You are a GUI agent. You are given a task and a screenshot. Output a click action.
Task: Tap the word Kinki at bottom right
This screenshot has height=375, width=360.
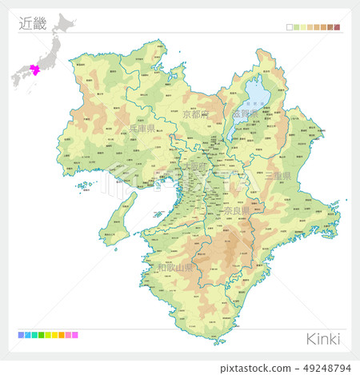pyautogui.click(x=322, y=338)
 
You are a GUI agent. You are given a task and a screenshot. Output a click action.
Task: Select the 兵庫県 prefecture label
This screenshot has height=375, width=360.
pyautogui.click(x=141, y=127)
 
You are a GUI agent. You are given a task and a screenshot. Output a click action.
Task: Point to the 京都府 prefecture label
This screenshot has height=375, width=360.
pyautogui.click(x=194, y=115)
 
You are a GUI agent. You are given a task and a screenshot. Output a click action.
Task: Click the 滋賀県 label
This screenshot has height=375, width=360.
pyautogui.click(x=244, y=114)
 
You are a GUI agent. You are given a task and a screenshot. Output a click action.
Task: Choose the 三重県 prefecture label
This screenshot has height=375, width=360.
pyautogui.click(x=279, y=175)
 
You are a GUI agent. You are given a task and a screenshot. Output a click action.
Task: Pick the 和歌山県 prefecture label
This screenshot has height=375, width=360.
pyautogui.click(x=175, y=267)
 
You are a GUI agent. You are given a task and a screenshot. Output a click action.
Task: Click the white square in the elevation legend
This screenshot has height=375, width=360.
pyautogui.click(x=290, y=27)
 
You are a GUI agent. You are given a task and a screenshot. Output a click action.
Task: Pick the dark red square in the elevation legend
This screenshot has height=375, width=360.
pyautogui.click(x=337, y=27)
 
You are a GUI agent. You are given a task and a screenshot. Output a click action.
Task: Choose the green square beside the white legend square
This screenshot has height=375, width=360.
pyautogui.click(x=297, y=27)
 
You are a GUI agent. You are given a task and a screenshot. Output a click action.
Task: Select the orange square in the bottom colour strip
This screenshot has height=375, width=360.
pyautogui.click(x=61, y=335)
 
